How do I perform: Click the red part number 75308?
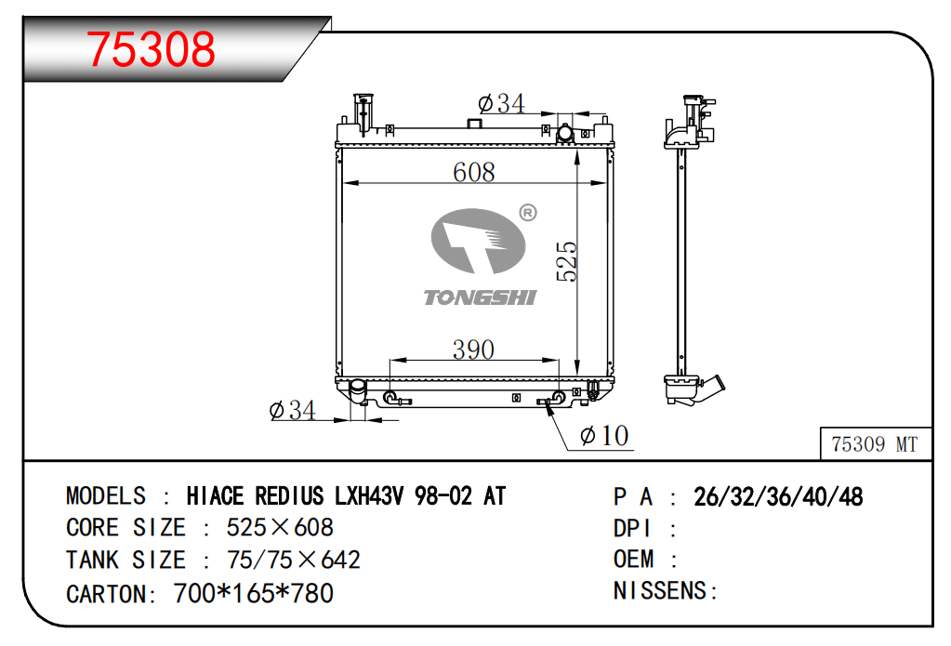151,48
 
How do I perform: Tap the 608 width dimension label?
474,172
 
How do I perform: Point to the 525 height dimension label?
566,261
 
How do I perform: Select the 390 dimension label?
473,349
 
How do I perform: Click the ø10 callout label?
604,436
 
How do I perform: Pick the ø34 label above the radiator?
501,104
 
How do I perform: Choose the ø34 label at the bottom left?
292,411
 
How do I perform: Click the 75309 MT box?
875,443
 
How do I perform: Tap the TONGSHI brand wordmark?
480,297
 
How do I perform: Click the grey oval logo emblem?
478,241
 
